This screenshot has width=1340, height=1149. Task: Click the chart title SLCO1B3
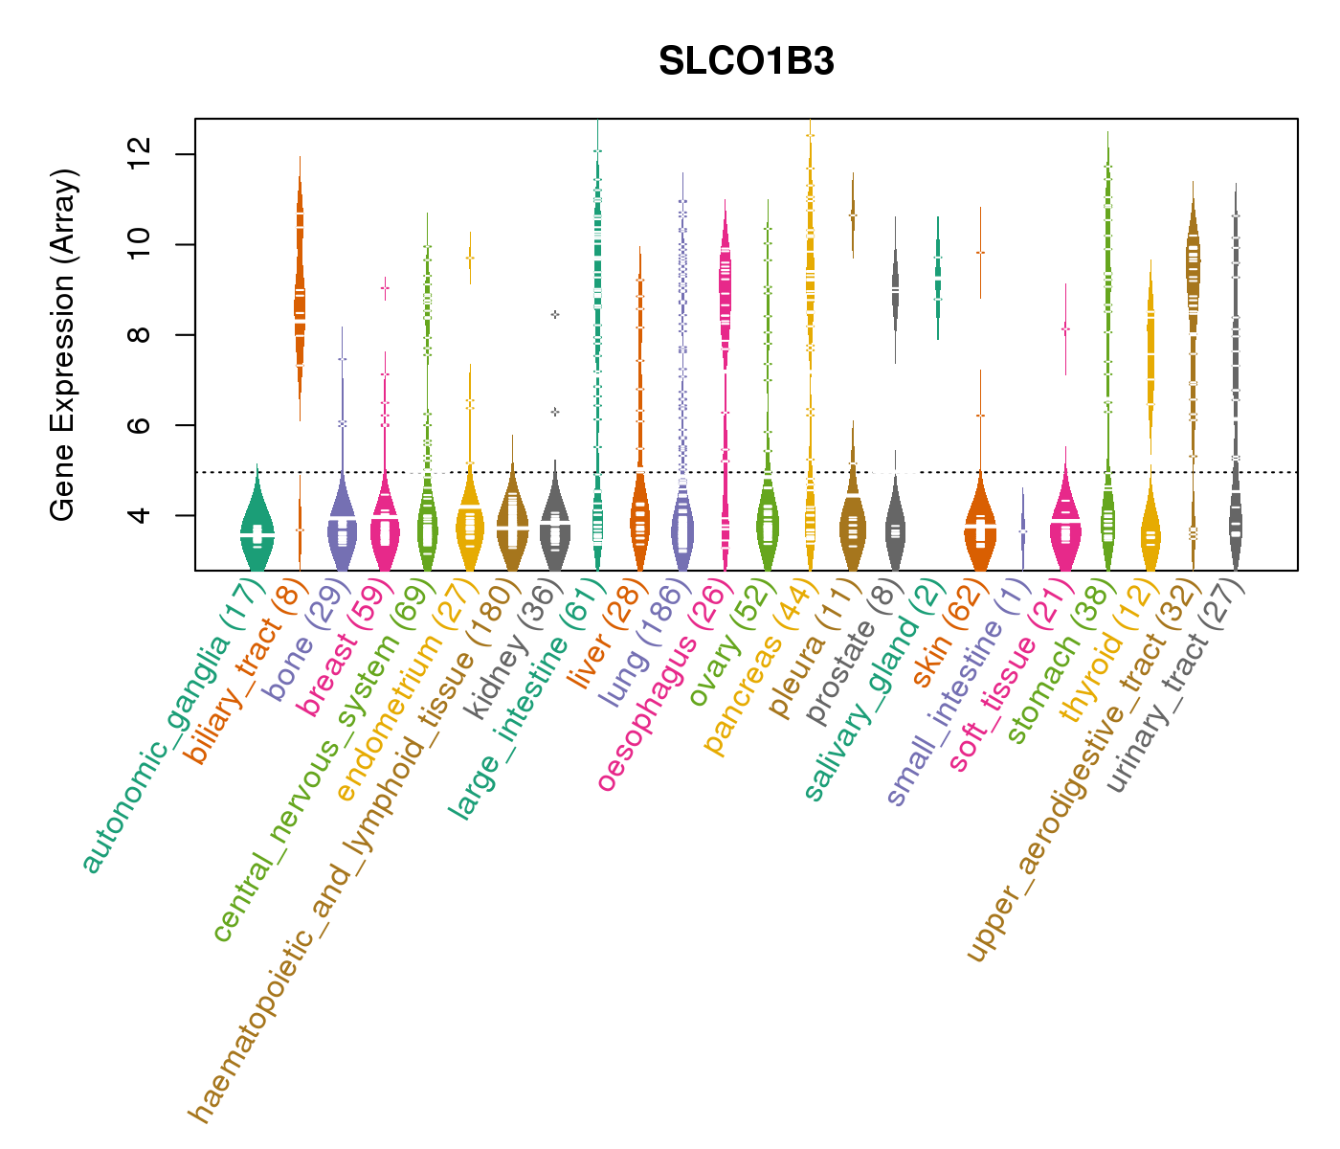coord(746,61)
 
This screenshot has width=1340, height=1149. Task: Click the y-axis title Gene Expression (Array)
coord(63,345)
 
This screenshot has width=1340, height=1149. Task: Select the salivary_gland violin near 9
coord(938,278)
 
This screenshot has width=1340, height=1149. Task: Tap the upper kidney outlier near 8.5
coord(555,314)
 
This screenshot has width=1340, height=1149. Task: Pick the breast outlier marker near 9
coord(385,287)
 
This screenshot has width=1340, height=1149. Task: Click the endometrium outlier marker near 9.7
coord(470,258)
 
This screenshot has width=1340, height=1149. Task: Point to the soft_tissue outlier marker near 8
coord(1065,329)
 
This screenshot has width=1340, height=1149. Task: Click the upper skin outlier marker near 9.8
coord(980,252)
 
